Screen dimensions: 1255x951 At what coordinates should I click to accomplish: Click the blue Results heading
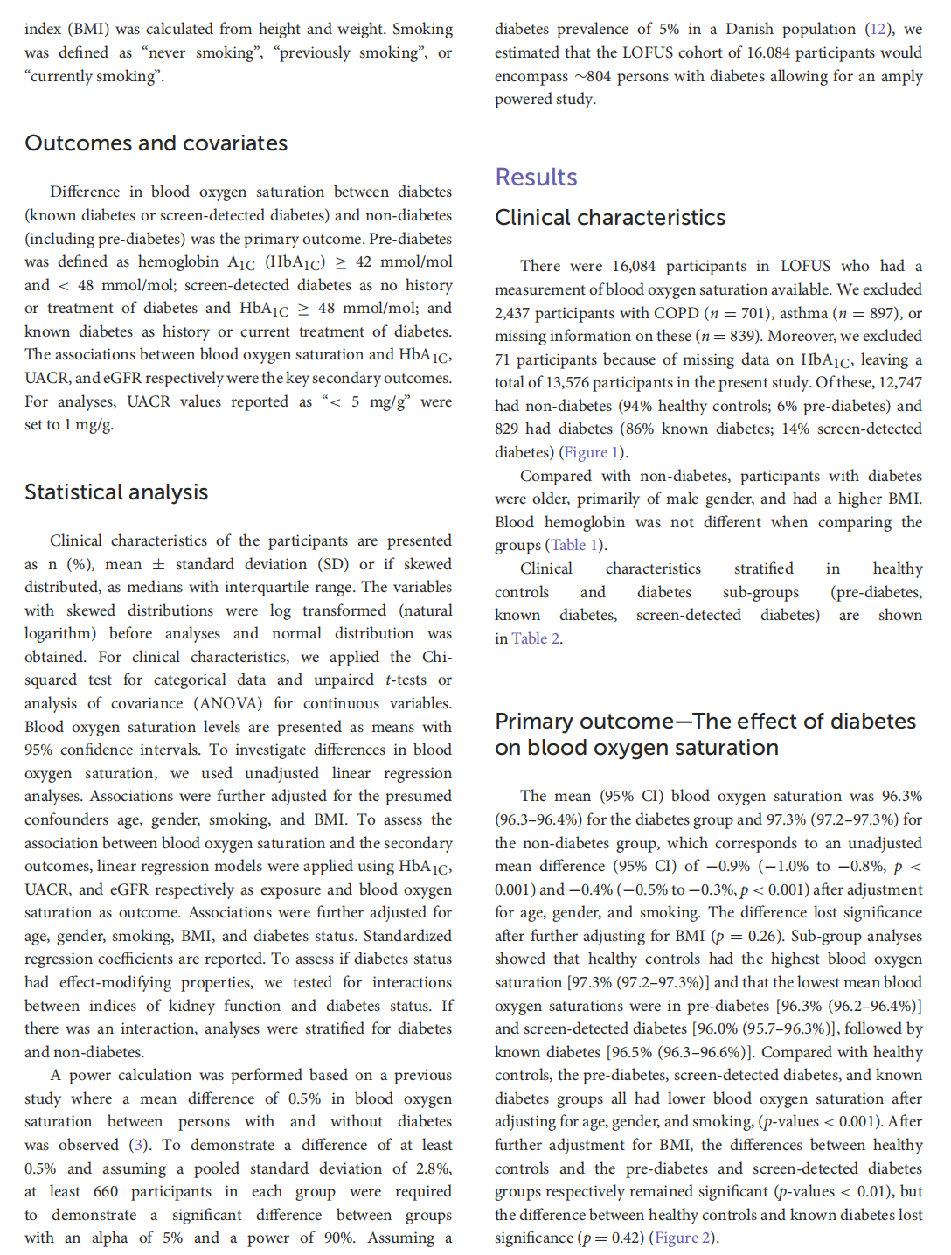(x=536, y=178)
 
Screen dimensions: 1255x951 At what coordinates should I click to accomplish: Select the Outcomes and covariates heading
(x=156, y=143)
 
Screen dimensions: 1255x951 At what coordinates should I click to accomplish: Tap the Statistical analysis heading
(x=116, y=492)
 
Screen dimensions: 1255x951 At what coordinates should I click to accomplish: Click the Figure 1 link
(x=592, y=452)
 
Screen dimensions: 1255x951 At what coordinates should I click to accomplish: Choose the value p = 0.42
(x=613, y=1238)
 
